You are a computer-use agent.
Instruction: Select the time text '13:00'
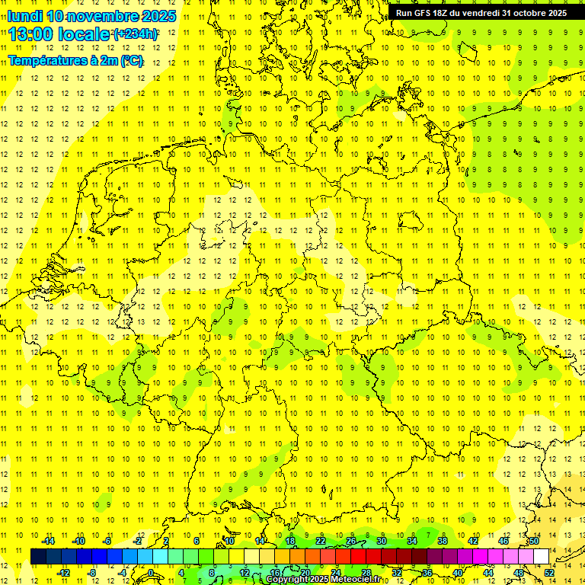click(x=32, y=34)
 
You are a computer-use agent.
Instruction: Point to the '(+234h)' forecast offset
click(x=136, y=34)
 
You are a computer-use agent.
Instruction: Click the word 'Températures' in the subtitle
click(x=43, y=61)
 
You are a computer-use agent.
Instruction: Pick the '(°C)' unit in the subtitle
click(x=130, y=61)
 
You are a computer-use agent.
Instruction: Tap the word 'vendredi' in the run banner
click(x=480, y=13)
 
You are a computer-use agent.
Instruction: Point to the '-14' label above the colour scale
click(x=48, y=541)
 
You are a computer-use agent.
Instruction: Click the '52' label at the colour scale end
click(x=548, y=572)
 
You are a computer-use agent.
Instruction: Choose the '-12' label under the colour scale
click(x=63, y=572)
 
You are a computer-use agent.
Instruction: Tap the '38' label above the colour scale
click(x=442, y=541)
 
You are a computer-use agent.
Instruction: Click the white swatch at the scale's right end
click(x=541, y=556)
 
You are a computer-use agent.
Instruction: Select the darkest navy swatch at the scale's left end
click(x=38, y=556)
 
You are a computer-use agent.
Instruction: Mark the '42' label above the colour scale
click(x=472, y=541)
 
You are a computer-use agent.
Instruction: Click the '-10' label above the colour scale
click(x=78, y=541)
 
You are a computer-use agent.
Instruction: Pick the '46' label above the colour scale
click(x=503, y=541)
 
